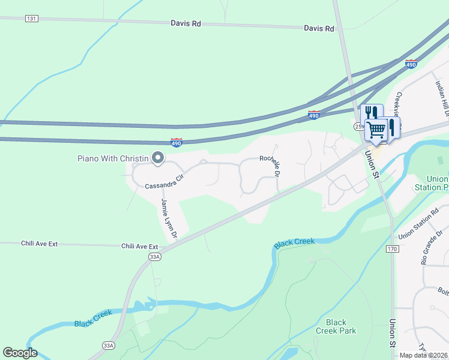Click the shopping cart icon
coord(376,129)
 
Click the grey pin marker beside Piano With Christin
coord(158,158)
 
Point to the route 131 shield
coord(32,19)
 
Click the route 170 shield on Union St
coord(392,248)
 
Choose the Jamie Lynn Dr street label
coord(168,219)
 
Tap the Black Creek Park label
coord(336,326)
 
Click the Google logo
coord(20,353)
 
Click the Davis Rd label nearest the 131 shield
coord(185,23)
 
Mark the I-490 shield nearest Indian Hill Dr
coord(411,64)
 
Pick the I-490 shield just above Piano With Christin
coord(176,142)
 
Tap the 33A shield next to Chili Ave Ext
coord(155,256)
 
